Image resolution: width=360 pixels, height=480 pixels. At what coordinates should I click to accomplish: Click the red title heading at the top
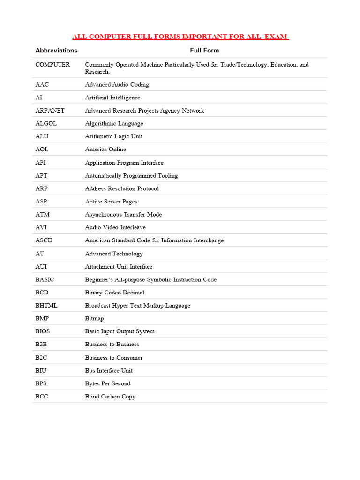tap(180, 37)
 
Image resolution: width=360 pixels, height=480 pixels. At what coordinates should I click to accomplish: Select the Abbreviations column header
tap(56, 50)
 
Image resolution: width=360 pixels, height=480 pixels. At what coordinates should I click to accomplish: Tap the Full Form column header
tap(204, 50)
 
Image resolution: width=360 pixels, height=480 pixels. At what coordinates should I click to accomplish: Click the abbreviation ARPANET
tap(50, 111)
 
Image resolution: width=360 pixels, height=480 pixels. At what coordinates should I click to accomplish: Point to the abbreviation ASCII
tap(44, 240)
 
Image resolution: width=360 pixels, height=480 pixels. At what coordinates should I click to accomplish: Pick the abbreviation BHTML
tap(46, 305)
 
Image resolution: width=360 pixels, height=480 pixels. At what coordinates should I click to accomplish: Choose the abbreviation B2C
tap(42, 357)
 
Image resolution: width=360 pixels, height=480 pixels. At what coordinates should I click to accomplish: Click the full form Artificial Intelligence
tap(112, 97)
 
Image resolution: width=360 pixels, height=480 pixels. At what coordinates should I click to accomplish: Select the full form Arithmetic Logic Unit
tap(114, 136)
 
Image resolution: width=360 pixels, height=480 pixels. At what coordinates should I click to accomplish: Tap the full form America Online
tap(105, 150)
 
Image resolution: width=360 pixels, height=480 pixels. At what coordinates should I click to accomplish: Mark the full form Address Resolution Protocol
tap(122, 188)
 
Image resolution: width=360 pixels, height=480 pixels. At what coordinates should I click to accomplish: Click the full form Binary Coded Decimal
tap(115, 292)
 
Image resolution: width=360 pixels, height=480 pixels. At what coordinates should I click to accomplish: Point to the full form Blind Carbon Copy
tap(110, 396)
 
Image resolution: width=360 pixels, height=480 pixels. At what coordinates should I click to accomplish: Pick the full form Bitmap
tap(94, 318)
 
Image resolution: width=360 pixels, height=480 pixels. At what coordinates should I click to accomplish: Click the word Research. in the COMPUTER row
tap(97, 72)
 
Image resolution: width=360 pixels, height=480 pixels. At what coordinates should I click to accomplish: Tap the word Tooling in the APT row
tap(168, 175)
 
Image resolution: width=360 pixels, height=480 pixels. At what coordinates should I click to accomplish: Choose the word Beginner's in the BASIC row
tap(98, 279)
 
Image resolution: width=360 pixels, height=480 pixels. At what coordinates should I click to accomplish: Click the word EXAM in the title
tap(277, 37)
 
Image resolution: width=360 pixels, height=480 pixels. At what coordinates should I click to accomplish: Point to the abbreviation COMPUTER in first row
tap(53, 65)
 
